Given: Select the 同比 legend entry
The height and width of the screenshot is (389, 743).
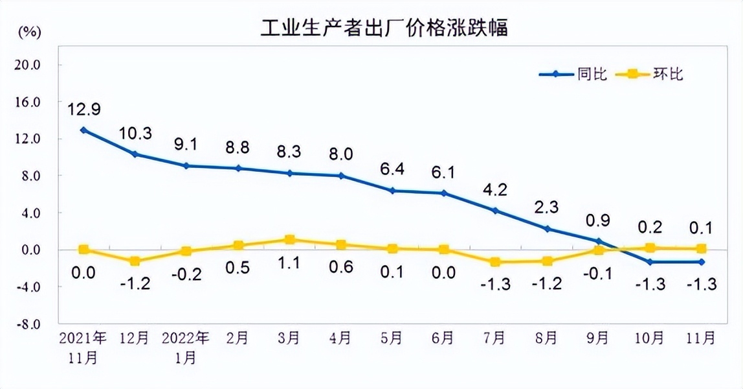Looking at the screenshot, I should (592, 74).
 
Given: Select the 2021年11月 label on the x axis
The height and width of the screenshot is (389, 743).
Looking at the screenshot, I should (83, 347).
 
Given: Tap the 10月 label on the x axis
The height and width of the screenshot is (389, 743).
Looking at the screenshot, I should (650, 338).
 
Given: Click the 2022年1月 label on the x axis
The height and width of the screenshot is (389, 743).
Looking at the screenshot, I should (186, 347).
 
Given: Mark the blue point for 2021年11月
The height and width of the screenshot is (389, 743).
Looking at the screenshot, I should (83, 130).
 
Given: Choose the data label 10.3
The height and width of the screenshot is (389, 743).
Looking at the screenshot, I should (135, 134).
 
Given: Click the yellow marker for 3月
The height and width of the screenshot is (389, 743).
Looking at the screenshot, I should (290, 240).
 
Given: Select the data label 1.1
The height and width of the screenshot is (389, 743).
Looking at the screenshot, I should (290, 268).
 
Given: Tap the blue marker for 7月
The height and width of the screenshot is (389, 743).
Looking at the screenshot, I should (496, 211).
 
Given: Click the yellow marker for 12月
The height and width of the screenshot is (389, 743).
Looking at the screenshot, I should (135, 261).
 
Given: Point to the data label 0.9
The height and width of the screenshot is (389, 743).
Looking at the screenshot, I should (599, 220).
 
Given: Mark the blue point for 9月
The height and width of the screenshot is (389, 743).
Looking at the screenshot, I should (599, 241).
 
